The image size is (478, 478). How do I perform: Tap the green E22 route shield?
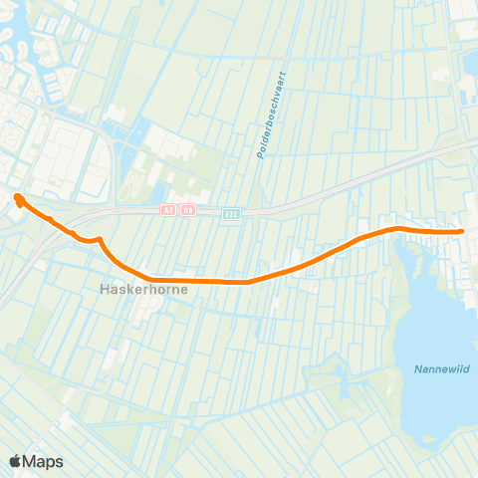tap(231, 212)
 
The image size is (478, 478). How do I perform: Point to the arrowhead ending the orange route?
tap(18, 198)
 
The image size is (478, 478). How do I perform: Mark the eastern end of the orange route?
tap(462, 232)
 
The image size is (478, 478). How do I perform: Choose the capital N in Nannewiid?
tap(415, 369)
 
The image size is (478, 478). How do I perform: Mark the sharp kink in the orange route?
tap(101, 239)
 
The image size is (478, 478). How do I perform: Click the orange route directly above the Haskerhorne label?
tap(139, 276)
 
